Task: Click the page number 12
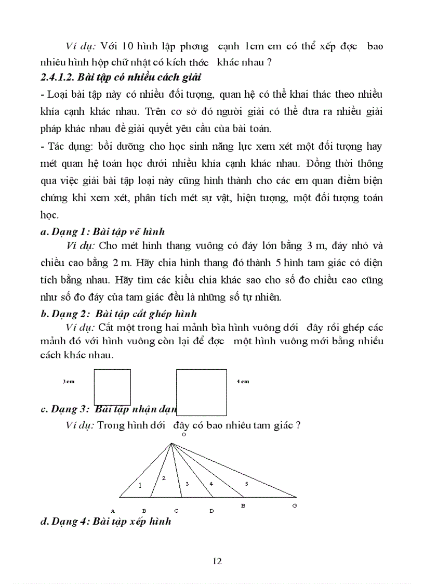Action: pyautogui.click(x=217, y=561)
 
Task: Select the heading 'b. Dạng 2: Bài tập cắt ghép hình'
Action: pyautogui.click(x=118, y=314)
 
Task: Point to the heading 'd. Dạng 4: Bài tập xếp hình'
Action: pyautogui.click(x=105, y=521)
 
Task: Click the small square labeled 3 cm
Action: pyautogui.click(x=112, y=387)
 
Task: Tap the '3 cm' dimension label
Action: pyautogui.click(x=68, y=382)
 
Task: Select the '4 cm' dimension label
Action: pyautogui.click(x=243, y=382)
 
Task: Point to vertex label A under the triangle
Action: pyautogui.click(x=113, y=511)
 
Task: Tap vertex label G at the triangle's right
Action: pyautogui.click(x=295, y=505)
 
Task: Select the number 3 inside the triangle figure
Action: pyautogui.click(x=187, y=484)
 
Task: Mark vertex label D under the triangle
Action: pyautogui.click(x=211, y=511)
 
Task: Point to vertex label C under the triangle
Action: pyautogui.click(x=176, y=511)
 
